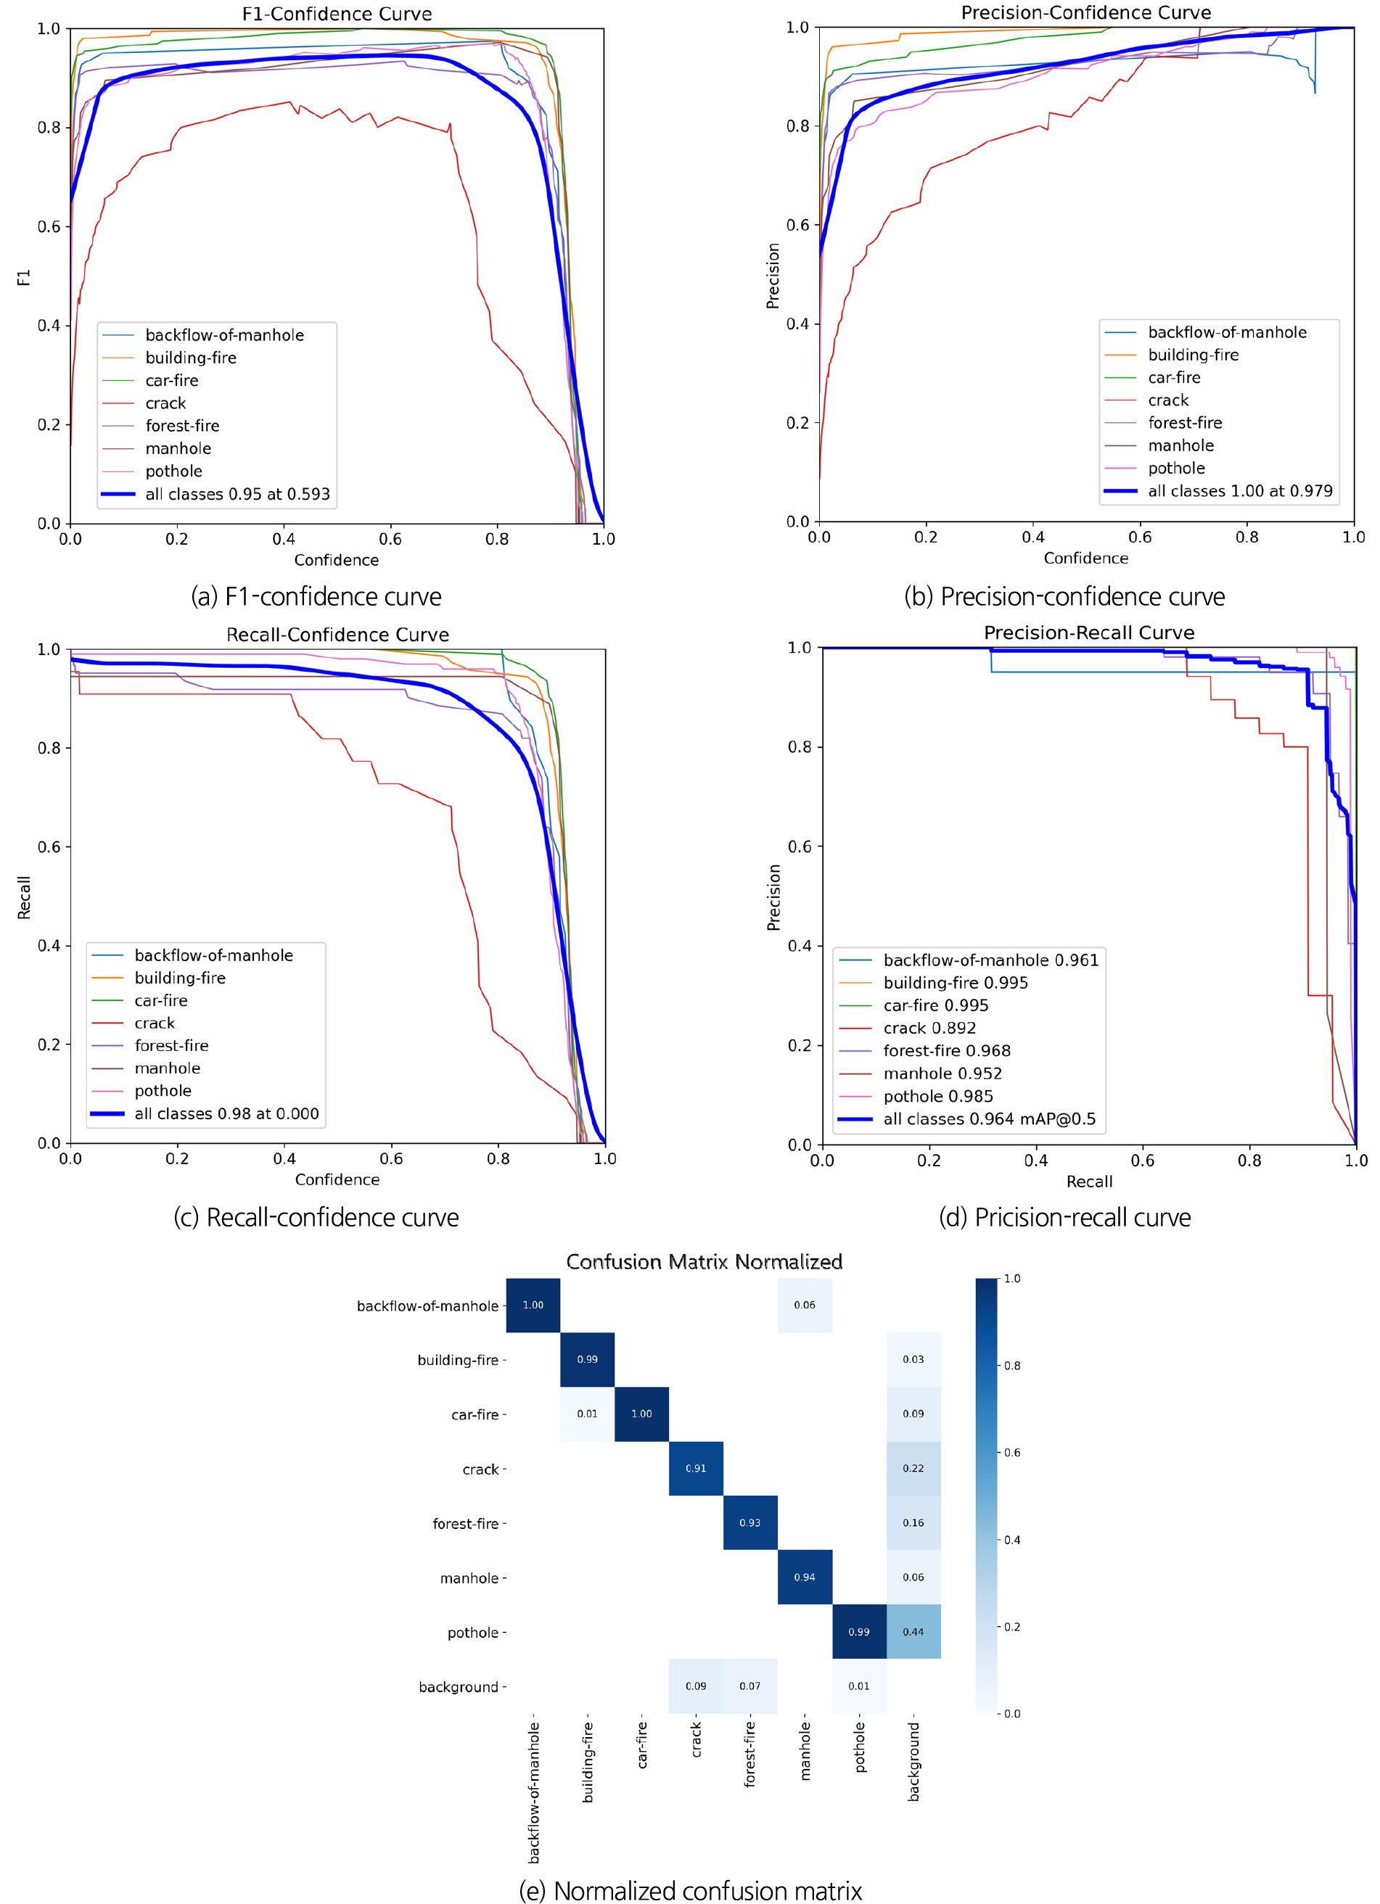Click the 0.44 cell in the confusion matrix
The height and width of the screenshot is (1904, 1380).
913,1631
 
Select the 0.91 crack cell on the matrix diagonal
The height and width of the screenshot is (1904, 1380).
696,1468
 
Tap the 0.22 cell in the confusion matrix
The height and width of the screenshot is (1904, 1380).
913,1468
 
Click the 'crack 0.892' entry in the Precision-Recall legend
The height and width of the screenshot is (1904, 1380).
929,1028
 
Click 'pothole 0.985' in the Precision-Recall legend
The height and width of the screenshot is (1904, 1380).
937,1095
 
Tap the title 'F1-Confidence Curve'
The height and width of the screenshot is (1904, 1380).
337,14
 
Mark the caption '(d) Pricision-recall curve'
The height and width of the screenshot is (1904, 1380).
1064,1217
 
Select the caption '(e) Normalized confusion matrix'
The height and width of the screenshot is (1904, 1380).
691,1890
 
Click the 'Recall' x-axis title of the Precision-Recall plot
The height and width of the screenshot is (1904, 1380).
1088,1181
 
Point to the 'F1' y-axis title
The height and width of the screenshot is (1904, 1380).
23,277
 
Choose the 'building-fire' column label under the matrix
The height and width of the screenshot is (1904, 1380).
588,1762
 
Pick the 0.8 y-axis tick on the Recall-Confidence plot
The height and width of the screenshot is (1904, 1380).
49,748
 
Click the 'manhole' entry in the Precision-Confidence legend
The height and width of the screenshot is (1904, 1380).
1180,445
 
